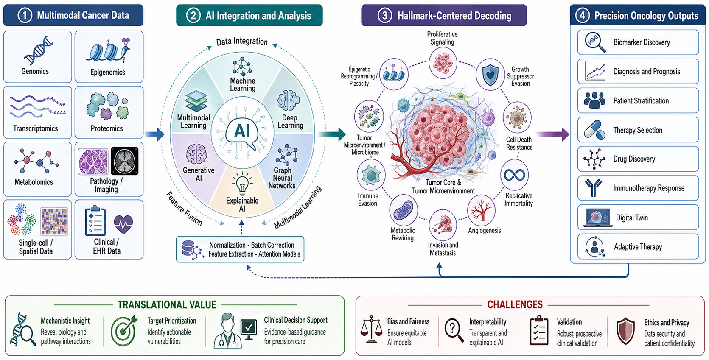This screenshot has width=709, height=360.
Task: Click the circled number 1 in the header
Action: [25, 16]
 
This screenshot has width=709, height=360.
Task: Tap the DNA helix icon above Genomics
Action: [38, 50]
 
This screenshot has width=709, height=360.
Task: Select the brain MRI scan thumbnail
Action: [124, 161]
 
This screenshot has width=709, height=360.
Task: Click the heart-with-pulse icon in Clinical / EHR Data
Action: [123, 224]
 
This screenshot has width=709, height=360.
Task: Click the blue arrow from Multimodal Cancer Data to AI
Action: [155, 134]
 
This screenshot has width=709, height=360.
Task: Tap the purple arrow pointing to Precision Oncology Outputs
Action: [554, 134]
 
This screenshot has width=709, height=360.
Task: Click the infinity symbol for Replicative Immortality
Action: [514, 175]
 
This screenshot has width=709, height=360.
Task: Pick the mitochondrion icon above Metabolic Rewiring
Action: [403, 210]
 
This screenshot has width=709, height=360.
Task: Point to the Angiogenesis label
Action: [484, 231]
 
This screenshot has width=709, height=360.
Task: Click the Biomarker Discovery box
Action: [638, 42]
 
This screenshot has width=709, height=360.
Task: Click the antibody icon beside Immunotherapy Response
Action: [593, 187]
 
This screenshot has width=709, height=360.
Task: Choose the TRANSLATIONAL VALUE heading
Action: [167, 304]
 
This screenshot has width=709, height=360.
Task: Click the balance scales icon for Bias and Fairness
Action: [371, 329]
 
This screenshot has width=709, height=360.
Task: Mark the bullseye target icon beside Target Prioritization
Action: [124, 330]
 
